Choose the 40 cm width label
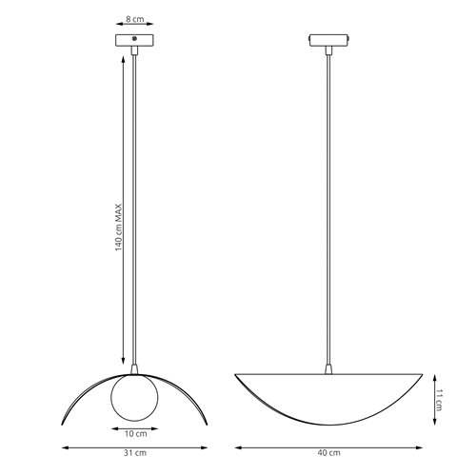tap(328, 456)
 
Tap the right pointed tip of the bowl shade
tap(421, 374)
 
